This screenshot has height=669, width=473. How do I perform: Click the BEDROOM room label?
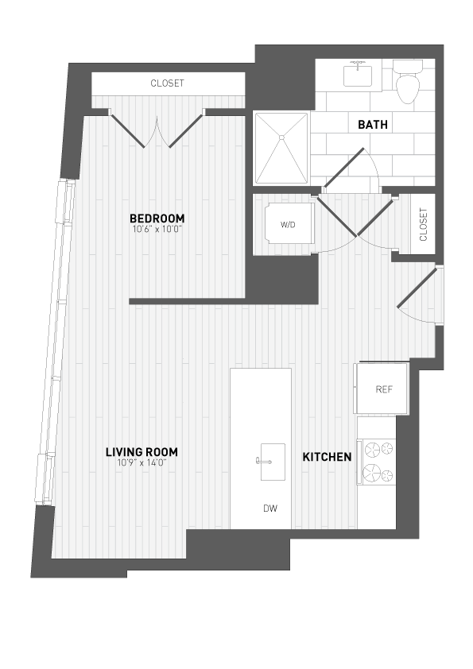coord(157,218)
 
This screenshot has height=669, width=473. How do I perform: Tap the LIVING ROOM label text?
coord(142,452)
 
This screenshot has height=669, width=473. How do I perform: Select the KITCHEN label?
coord(326,457)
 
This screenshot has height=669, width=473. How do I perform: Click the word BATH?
coord(372,125)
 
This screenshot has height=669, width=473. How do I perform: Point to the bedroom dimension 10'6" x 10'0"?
coord(157,230)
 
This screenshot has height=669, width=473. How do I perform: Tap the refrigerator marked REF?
coord(383,389)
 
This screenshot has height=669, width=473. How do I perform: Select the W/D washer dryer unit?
coord(287,225)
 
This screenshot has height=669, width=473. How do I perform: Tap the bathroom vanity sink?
coord(358,75)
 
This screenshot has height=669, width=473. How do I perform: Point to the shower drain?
coord(281,138)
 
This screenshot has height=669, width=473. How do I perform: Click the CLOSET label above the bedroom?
coord(167,83)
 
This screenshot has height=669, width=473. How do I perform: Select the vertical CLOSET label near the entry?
coord(423,224)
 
